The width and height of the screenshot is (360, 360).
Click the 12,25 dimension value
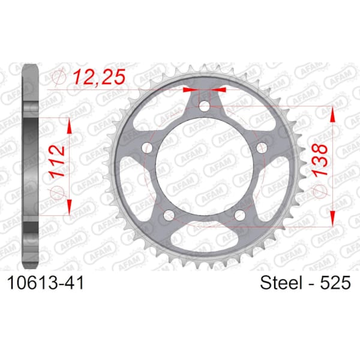click(x=100, y=76)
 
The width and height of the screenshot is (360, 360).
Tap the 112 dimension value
click(x=57, y=161)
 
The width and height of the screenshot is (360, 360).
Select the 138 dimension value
click(x=319, y=160)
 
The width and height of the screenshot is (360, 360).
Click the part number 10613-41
click(x=46, y=283)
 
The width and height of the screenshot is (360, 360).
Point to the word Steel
click(x=281, y=283)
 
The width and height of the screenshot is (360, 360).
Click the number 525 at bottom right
click(x=335, y=283)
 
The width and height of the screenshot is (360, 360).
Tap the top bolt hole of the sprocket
click(x=205, y=106)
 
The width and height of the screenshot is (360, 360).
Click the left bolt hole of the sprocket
click(x=147, y=148)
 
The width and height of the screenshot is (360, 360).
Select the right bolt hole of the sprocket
click(x=262, y=148)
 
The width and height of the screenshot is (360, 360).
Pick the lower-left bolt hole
click(x=169, y=215)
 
